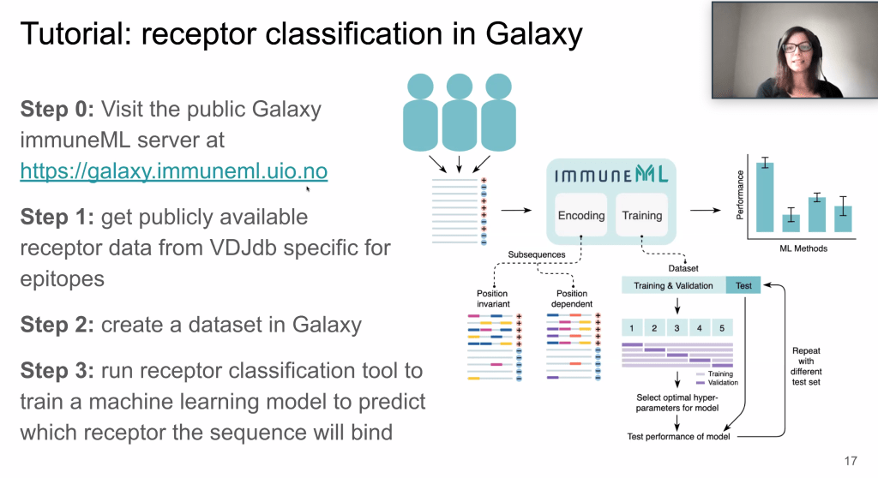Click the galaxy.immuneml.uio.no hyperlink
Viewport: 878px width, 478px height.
(173, 171)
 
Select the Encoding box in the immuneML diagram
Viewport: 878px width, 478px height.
(580, 216)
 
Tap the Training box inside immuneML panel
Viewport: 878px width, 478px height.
(641, 216)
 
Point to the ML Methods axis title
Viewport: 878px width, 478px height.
(798, 248)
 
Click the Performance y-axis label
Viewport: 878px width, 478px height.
(741, 194)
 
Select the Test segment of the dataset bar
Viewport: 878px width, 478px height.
(743, 285)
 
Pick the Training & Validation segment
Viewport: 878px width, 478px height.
(673, 285)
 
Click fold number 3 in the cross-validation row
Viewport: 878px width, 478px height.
(677, 328)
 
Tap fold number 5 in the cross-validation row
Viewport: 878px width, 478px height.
(721, 328)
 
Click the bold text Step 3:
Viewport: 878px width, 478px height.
(57, 372)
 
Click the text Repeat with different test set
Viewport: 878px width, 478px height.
(806, 361)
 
